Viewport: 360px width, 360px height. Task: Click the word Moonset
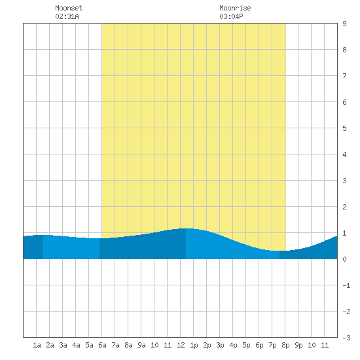pyautogui.click(x=69, y=8)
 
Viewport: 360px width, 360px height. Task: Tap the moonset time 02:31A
pyautogui.click(x=67, y=16)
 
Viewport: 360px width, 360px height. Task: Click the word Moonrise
pyautogui.click(x=235, y=8)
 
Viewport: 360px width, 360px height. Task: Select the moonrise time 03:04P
pyautogui.click(x=232, y=16)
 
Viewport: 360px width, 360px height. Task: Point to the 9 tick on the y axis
pyautogui.click(x=344, y=24)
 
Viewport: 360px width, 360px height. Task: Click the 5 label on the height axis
pyautogui.click(x=344, y=128)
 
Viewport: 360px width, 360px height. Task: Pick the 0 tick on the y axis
pyautogui.click(x=344, y=259)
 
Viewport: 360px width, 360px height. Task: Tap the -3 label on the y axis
pyautogui.click(x=346, y=338)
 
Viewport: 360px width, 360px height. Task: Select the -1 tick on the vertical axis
pyautogui.click(x=346, y=285)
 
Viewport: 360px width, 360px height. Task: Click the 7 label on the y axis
pyautogui.click(x=344, y=76)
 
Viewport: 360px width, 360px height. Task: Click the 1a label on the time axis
pyautogui.click(x=37, y=345)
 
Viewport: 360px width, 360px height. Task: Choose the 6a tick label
pyautogui.click(x=102, y=345)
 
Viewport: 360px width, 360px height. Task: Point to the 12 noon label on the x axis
pyautogui.click(x=181, y=345)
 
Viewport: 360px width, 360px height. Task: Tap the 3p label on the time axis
pyautogui.click(x=220, y=345)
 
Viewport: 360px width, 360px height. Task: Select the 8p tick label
pyautogui.click(x=285, y=345)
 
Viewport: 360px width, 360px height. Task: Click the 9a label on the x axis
pyautogui.click(x=141, y=345)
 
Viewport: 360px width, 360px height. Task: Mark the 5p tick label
pyautogui.click(x=246, y=345)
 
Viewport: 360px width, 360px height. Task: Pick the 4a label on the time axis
pyautogui.click(x=76, y=345)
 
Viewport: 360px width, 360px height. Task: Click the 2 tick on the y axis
pyautogui.click(x=344, y=207)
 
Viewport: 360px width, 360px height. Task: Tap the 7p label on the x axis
pyautogui.click(x=272, y=345)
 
